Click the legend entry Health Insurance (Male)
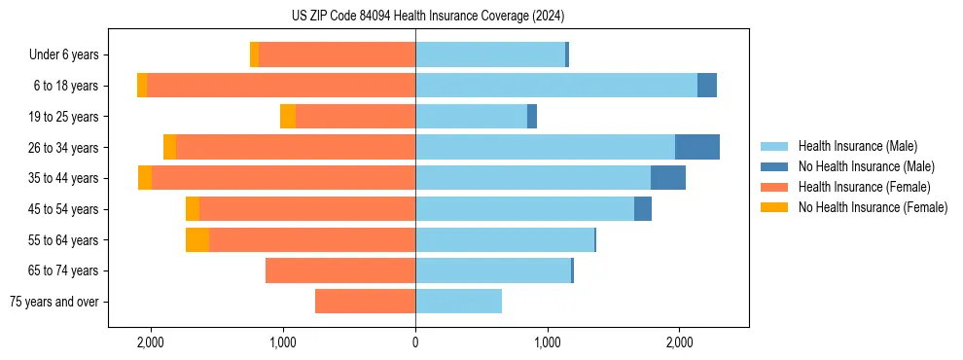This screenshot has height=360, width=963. coord(857,146)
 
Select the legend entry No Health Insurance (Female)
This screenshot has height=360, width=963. coord(872,207)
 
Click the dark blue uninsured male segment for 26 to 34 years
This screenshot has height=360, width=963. coord(697,147)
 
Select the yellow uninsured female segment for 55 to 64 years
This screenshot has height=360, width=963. coord(197,239)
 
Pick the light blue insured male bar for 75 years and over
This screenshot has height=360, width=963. coord(458,302)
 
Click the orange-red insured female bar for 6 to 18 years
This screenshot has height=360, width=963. coord(281,86)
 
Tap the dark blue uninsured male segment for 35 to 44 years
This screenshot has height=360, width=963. coord(668,178)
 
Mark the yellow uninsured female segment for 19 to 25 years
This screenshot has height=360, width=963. coord(288,117)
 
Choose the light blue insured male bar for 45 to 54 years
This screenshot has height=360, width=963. coord(524,209)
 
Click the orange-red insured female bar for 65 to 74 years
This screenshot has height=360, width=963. coord(340,270)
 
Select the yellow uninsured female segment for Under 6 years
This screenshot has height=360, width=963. coord(255,54)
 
